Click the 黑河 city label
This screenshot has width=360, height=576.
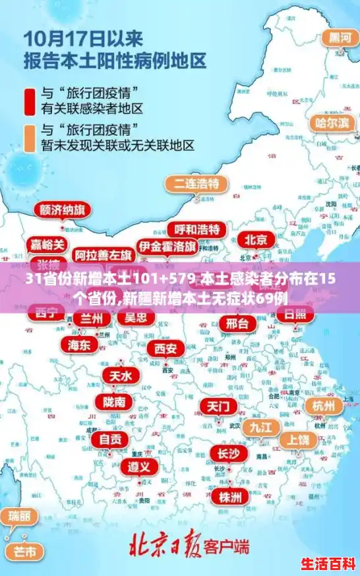pyautogui.click(x=340, y=38)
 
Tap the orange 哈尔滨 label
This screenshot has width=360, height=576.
pyautogui.click(x=332, y=123)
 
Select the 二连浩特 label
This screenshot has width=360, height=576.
pyautogui.click(x=196, y=183)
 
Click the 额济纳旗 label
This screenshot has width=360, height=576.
pyautogui.click(x=63, y=210)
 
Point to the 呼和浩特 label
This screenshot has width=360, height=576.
pyautogui.click(x=196, y=229)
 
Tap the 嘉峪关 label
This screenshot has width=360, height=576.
pyautogui.click(x=48, y=245)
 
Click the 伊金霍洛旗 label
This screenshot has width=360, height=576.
pyautogui.click(x=167, y=246)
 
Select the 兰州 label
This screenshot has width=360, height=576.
pyautogui.click(x=92, y=318)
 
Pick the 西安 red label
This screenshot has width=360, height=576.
pyautogui.click(x=165, y=348)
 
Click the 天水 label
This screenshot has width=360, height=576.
pyautogui.click(x=121, y=376)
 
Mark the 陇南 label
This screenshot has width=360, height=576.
pyautogui.click(x=114, y=401)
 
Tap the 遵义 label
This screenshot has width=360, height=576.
pyautogui.click(x=138, y=467)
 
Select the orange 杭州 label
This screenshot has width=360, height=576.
pyautogui.click(x=324, y=405)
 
